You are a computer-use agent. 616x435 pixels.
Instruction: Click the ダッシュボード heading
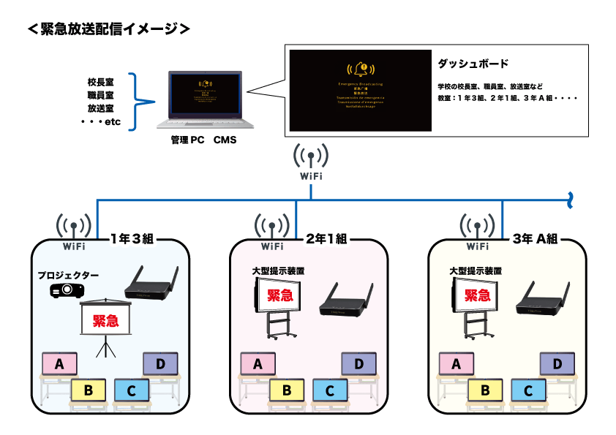(473, 64)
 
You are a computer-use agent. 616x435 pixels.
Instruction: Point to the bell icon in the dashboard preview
(359, 71)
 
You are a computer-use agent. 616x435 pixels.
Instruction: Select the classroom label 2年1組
(328, 238)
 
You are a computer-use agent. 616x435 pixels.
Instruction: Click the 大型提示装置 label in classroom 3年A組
(476, 270)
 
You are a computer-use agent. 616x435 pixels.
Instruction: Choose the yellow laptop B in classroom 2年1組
(288, 390)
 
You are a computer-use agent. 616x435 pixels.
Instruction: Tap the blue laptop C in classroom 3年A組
(527, 390)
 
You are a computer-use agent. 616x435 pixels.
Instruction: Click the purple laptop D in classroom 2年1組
(358, 363)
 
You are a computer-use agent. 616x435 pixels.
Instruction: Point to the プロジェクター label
(68, 276)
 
